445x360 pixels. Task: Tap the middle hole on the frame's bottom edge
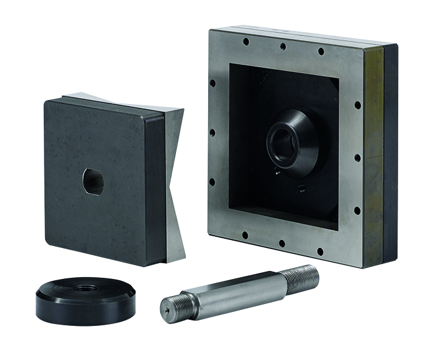pos(282,242)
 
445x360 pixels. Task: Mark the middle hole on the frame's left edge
pos(212,132)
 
